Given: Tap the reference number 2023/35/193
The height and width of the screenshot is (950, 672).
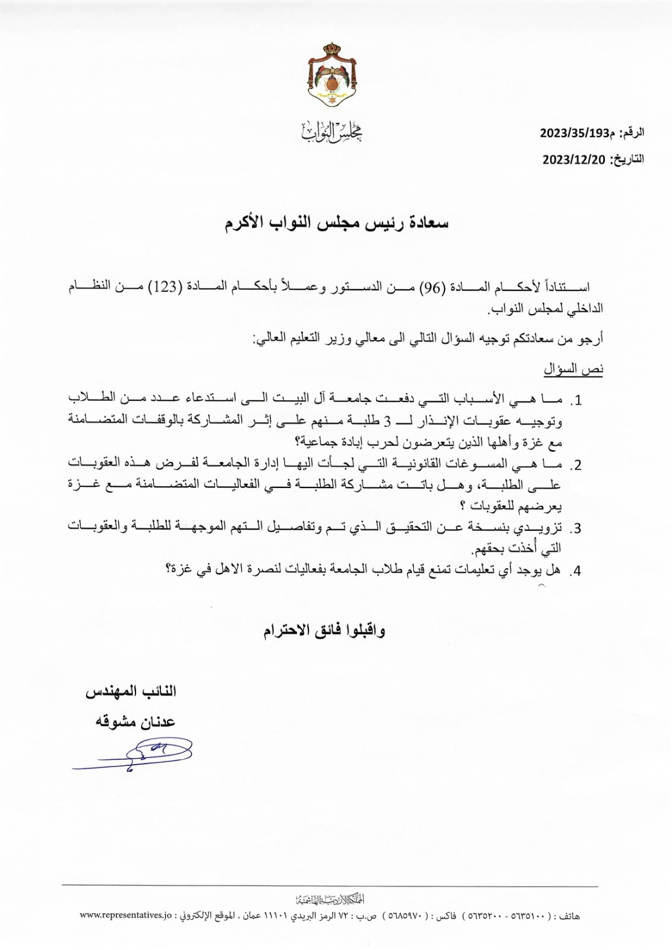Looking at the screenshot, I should [573, 134].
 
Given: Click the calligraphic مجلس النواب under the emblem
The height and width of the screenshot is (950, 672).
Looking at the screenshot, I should [333, 131].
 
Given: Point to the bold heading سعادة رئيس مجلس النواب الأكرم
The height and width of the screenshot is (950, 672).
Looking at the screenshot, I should [336, 223].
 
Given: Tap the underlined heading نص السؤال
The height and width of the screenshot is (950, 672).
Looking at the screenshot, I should [573, 369].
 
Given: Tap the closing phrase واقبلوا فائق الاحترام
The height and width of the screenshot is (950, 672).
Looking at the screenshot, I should [324, 631].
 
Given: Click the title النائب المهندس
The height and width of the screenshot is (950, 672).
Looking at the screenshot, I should [131, 692].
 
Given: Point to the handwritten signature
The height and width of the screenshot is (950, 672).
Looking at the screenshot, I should [134, 755].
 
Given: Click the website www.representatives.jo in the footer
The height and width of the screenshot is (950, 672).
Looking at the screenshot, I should [126, 916].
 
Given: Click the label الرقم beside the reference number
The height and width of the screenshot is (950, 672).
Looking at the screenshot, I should [632, 134].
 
